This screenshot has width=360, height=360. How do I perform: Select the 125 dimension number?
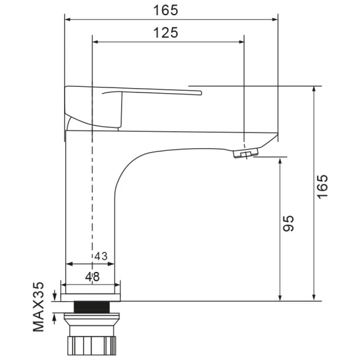(x=165, y=32)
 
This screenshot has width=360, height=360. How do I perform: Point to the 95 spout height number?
(x=288, y=223)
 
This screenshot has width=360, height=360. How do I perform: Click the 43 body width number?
(x=101, y=256)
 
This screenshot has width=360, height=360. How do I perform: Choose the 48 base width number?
(x=93, y=277)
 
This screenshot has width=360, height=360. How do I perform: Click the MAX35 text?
(x=38, y=307)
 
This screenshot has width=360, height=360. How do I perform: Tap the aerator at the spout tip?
(x=246, y=153)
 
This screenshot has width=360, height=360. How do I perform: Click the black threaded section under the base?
(x=92, y=307)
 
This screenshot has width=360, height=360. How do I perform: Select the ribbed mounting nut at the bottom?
(x=91, y=345)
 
